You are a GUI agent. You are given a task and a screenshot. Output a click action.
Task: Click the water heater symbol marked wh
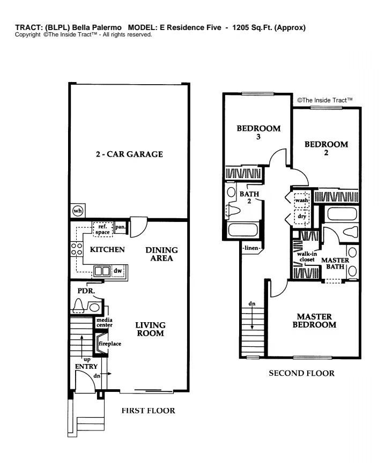78,211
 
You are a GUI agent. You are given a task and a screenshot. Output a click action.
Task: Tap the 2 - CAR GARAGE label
129,154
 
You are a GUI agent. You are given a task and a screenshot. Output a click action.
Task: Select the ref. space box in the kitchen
103,229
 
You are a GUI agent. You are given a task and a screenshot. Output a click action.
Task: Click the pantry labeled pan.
121,227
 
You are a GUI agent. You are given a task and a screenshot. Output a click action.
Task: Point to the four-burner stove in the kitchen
77,249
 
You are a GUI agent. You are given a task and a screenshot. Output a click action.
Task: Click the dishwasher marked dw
117,271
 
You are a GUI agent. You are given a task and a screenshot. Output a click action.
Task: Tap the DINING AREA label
161,254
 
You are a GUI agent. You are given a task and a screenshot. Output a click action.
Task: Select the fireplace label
110,344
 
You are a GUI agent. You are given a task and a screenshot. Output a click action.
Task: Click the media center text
105,322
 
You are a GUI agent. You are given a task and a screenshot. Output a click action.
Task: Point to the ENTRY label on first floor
86,367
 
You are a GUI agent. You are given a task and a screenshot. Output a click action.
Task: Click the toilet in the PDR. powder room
78,306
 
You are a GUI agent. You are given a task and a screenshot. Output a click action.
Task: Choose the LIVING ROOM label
150,329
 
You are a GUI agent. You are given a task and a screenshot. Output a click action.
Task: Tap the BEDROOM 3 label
258,132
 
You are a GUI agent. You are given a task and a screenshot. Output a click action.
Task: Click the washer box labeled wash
302,200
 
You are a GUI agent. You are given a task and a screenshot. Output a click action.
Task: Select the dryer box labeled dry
302,216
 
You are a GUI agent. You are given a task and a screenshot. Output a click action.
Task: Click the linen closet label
251,248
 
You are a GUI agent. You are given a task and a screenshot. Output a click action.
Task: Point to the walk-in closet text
307,257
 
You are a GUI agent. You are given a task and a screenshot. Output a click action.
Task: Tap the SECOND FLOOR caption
302,373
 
